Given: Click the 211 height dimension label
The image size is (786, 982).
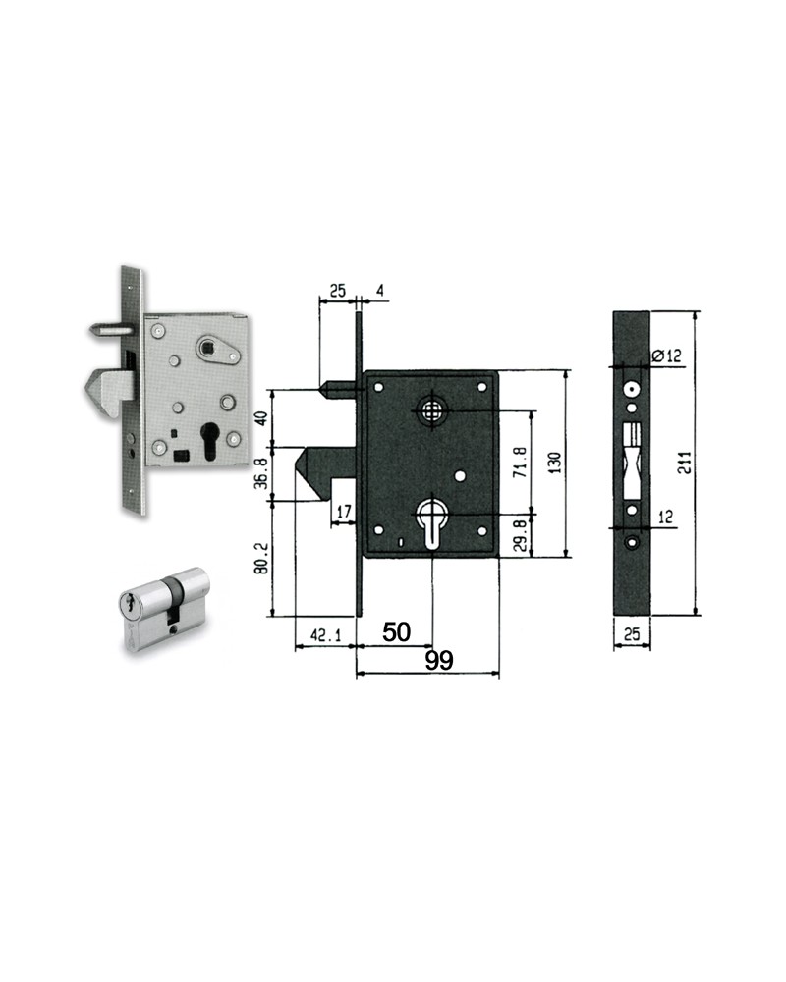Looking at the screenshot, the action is pos(687,463).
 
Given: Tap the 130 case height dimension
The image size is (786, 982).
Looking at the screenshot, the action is pos(555,463).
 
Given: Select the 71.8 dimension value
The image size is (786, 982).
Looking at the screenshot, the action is pos(520,463).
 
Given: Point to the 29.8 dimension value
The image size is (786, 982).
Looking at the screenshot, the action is pos(520,535).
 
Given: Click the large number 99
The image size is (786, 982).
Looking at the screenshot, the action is pos(439,660).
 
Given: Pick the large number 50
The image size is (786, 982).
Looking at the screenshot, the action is pos(396,631).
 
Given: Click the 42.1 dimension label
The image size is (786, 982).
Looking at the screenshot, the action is pos(326,635).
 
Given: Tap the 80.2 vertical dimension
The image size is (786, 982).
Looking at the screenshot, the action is pos(262,558).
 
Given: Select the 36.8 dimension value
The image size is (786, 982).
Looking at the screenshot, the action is pos(262,473).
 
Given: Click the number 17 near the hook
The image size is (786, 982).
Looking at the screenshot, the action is pos(344,512).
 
